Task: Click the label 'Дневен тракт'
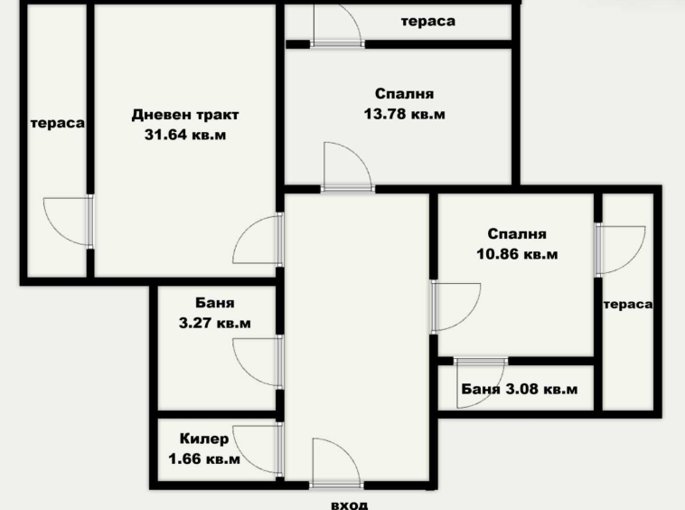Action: coord(185,115)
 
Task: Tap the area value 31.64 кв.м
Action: coord(185,136)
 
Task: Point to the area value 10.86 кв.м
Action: coord(517,254)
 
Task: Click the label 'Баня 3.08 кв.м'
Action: coord(519,390)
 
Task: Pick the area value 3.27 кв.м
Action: coord(215,322)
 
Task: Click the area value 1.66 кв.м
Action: coord(204,459)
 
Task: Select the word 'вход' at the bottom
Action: coord(350,504)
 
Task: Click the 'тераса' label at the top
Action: coord(428,21)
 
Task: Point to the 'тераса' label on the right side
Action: coord(628,304)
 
